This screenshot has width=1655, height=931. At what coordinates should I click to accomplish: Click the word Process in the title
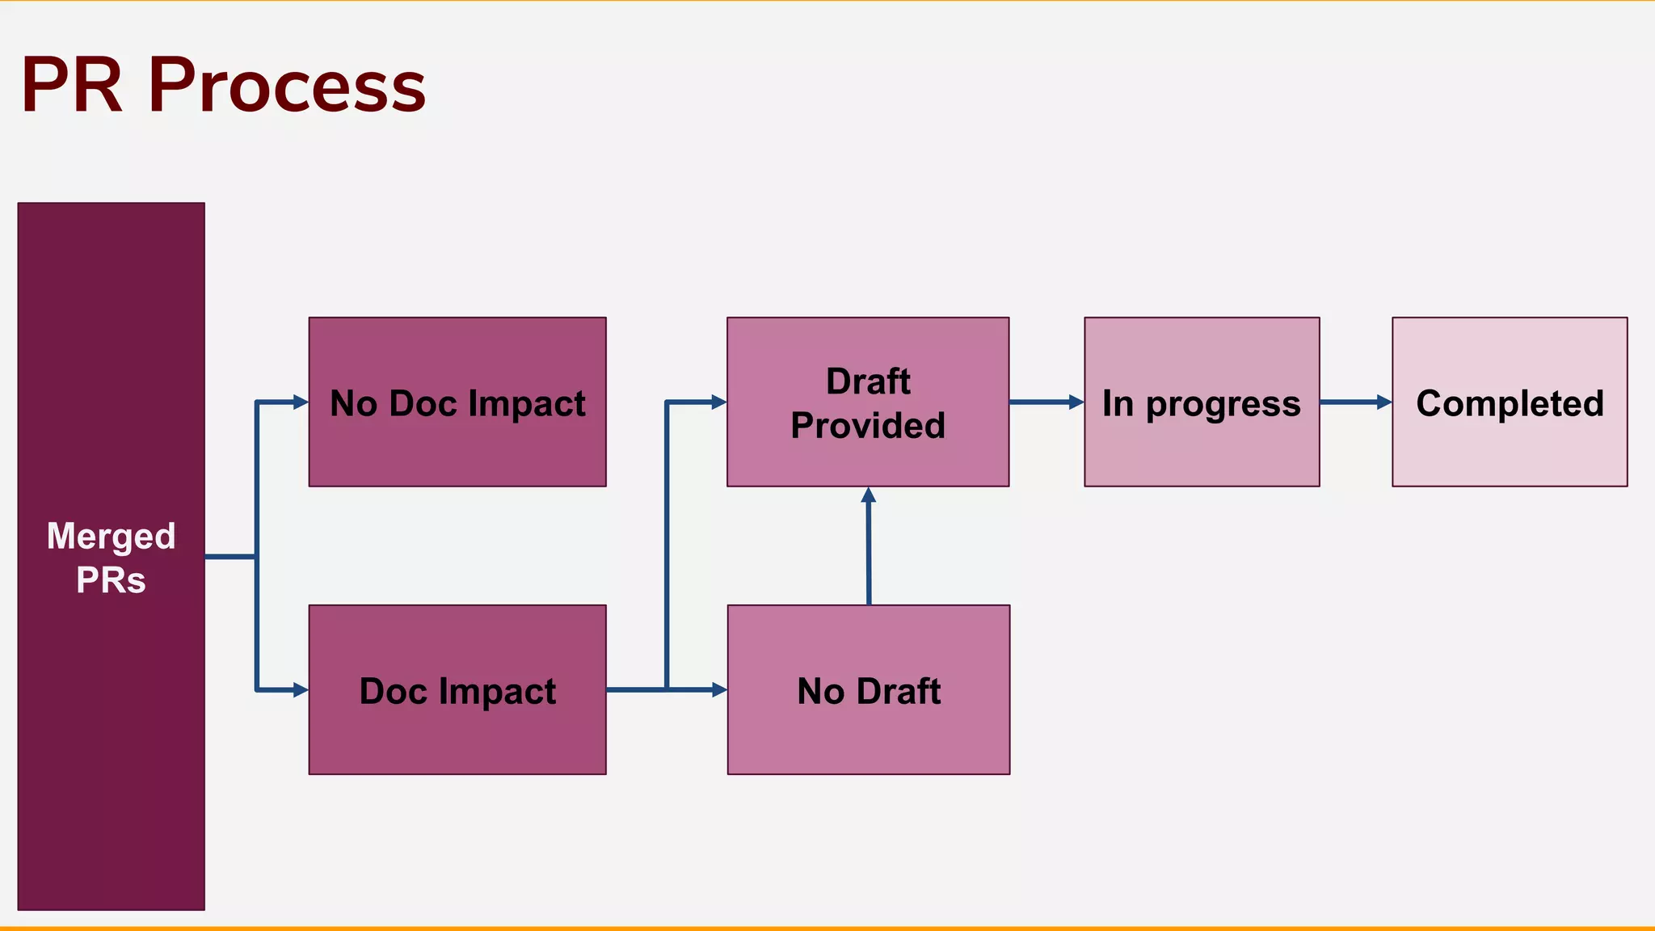pos(287,86)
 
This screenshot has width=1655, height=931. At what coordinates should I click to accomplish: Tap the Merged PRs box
pos(111,687)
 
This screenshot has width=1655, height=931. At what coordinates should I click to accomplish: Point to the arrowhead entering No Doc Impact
pos(301,402)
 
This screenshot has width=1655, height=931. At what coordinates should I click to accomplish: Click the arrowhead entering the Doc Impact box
pos(301,689)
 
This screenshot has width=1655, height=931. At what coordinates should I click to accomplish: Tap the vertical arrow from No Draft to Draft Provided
pos(869,550)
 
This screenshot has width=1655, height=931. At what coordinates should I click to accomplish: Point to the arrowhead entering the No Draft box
pos(719,689)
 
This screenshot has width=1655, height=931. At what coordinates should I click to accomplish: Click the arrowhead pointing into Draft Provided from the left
pos(718,402)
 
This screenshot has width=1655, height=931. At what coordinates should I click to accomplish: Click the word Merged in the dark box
pos(111,537)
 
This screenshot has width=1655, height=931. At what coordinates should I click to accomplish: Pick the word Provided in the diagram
pos(868,426)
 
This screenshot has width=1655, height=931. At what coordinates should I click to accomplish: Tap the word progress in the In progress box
pos(1223,404)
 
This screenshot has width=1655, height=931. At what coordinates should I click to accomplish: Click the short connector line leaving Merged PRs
pos(230,557)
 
